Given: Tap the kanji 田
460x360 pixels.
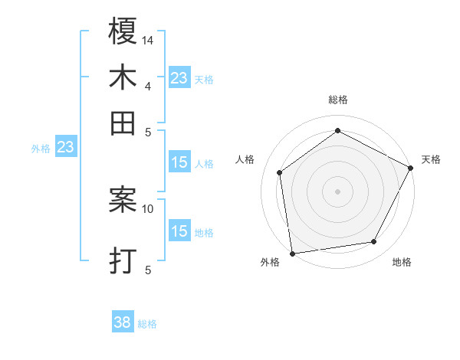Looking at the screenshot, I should pos(123,123).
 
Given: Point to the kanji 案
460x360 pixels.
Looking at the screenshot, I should pos(123,201).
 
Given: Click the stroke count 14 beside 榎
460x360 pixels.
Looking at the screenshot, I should pos(148,39).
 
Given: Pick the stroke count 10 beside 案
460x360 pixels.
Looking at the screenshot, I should pos(148,208).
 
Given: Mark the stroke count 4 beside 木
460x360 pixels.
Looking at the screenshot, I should pos(148,86).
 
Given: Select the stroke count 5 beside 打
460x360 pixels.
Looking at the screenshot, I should pos(148,270).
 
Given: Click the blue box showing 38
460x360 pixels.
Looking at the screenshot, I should pos(123,323).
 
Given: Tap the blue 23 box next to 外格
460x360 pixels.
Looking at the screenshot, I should pos(65,147).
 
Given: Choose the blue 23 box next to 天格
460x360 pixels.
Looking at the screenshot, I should pos(179,77).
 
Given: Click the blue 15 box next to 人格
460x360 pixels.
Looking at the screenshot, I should pos(179,162).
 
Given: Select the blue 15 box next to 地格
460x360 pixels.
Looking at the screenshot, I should pos(179,231).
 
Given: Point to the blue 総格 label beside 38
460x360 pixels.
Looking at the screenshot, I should pos(147,324).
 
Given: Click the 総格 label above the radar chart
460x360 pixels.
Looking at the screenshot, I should pos(338,100).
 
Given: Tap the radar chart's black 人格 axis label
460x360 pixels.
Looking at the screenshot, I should pos(245,159).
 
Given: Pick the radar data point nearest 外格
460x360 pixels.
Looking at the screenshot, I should pos(292,253).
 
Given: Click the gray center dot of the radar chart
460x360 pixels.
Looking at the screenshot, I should pos(338,191).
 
